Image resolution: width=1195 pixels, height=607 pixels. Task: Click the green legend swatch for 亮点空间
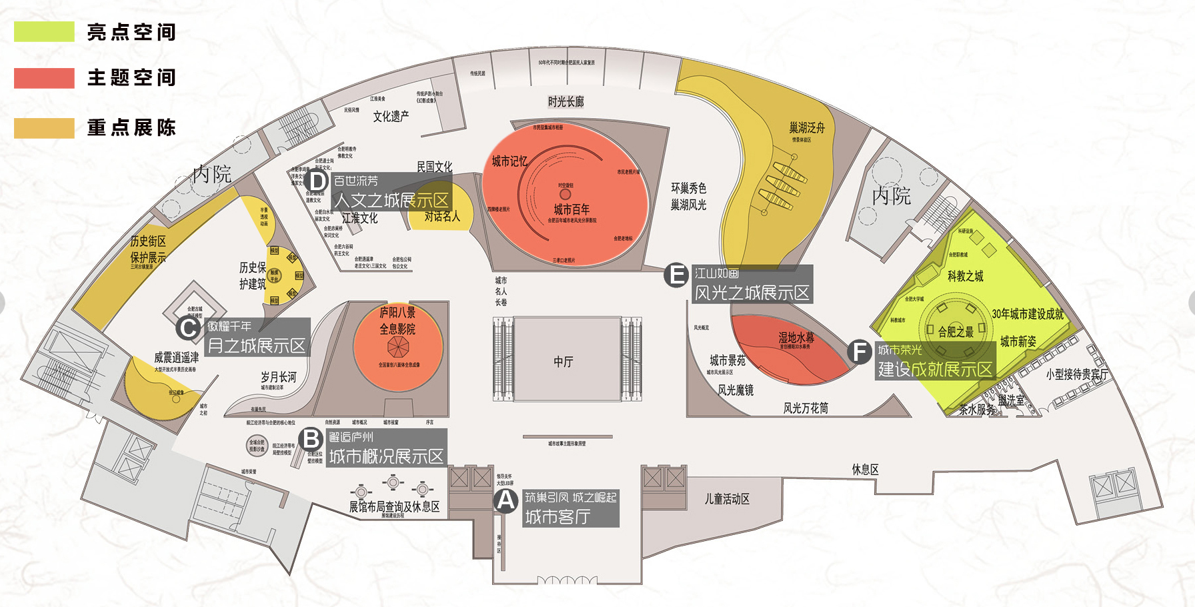44,31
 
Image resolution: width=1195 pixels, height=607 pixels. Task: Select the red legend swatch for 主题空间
44,78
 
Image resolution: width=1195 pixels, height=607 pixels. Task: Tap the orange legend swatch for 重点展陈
44,128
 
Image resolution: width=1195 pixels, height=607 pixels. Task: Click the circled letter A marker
506,500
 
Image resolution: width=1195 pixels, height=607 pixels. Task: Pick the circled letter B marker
311,440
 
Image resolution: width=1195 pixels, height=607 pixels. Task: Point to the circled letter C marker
189,328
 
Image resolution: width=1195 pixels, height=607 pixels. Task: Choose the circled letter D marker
317,181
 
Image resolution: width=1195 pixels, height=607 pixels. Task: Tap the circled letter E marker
676,274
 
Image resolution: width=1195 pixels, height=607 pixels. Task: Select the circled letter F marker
860,352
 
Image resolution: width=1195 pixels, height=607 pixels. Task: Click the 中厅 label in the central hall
563,362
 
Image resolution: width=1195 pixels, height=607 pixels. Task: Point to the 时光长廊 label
565,101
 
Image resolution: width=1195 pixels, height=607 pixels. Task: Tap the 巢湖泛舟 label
807,127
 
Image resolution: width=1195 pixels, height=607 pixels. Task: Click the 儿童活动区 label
727,499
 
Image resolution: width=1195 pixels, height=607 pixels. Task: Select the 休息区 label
865,470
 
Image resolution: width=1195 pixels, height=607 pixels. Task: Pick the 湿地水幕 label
796,338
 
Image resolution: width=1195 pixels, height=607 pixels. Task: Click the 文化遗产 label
391,117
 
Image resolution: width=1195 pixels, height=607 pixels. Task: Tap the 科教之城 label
965,276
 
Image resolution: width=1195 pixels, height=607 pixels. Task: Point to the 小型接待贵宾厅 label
1077,374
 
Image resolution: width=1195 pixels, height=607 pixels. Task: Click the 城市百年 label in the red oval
571,209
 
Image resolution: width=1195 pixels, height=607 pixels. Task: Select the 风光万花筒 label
806,408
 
